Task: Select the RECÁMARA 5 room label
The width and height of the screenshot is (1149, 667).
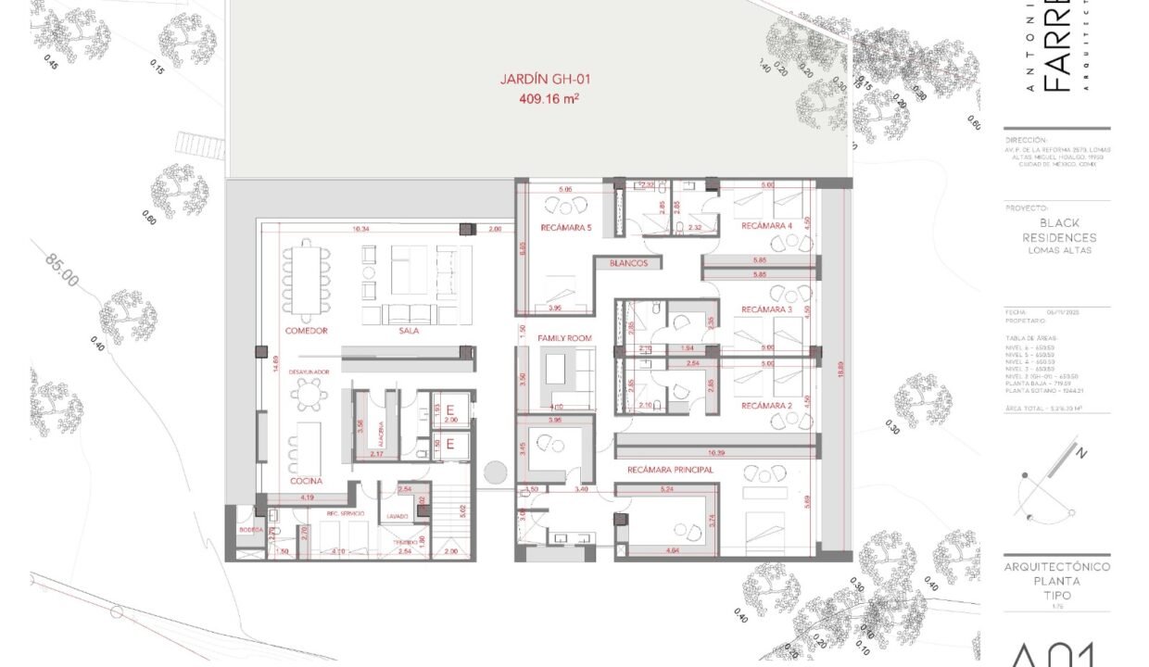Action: click(565, 227)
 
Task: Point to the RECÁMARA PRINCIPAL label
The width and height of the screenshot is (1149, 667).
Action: click(670, 470)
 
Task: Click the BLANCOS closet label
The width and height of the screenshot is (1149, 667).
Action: click(635, 264)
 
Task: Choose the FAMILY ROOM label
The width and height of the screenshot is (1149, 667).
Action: click(564, 338)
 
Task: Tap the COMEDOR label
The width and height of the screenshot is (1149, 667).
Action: click(306, 331)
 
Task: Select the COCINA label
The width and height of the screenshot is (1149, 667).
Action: click(305, 481)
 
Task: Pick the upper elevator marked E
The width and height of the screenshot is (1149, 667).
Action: click(450, 410)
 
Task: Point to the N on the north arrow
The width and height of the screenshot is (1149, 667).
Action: click(1080, 453)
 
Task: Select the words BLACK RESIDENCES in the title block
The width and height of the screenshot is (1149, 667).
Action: click(1058, 231)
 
